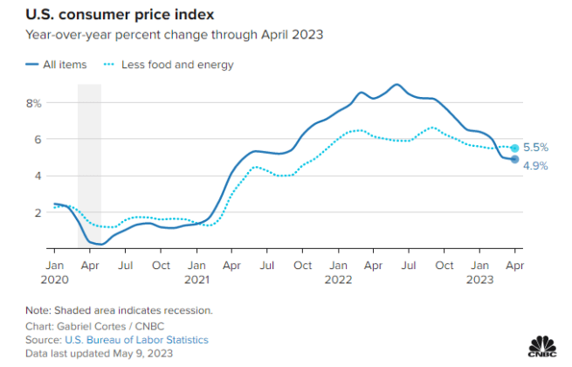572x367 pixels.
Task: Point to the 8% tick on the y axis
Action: [34, 103]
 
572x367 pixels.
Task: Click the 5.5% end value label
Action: [536, 148]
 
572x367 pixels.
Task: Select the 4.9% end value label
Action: [536, 165]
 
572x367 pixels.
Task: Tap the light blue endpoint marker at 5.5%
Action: [515, 149]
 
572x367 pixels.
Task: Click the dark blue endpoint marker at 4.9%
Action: [515, 159]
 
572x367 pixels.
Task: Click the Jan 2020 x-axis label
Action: [54, 271]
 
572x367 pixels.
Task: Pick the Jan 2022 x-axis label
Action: [339, 271]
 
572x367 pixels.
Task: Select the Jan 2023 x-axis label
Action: [479, 271]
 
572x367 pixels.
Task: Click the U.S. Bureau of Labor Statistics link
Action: [136, 339]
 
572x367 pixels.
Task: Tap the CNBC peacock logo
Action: [546, 347]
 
